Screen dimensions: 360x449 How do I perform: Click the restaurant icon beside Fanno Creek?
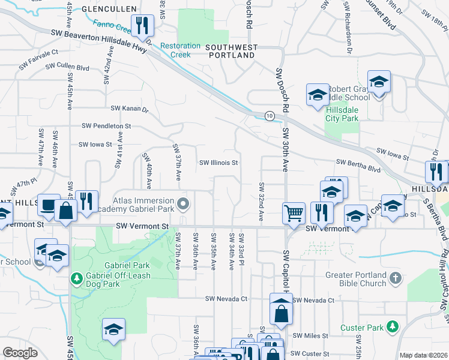tap(142, 26)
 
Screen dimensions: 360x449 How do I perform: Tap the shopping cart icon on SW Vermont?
tap(293, 212)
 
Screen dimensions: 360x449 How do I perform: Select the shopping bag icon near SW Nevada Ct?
tap(281, 312)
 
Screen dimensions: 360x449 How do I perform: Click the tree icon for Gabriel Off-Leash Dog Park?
tap(76, 278)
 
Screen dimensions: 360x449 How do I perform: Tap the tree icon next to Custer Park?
tap(392, 326)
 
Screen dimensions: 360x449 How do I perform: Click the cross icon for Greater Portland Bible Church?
tap(394, 278)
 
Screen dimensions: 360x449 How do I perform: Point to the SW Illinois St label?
tap(219, 163)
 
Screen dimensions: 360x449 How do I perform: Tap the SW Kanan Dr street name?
tap(129, 108)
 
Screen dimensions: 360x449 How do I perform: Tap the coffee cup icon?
tap(48, 205)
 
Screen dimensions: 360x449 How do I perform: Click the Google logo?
tap(20, 353)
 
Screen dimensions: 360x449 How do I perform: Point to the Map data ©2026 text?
tap(423, 355)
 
